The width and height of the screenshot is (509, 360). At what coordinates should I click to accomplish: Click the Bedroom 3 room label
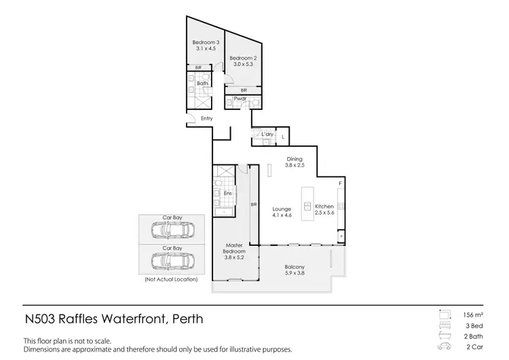tap(206, 46)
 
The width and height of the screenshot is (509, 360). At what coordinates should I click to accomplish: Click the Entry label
tap(207, 119)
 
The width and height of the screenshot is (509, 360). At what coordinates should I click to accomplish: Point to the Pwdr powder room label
tap(240, 98)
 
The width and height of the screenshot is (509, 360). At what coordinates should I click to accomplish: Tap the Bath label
tap(202, 84)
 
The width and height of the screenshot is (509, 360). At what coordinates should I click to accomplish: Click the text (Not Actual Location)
tap(171, 279)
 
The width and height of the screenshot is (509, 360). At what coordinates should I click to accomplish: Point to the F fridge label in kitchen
tap(340, 184)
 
